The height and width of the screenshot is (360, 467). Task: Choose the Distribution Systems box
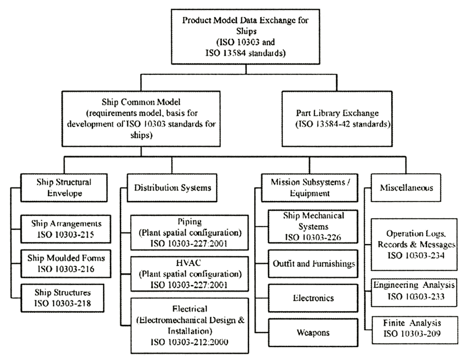[173, 188]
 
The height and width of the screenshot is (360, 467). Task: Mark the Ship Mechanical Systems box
[313, 226]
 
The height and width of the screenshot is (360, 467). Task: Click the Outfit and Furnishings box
[313, 263]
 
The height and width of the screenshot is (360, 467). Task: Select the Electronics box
[313, 298]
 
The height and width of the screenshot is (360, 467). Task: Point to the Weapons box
[313, 332]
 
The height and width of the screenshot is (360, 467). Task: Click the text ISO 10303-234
[414, 256]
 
